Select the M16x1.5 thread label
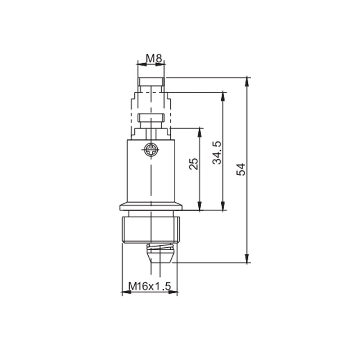click(x=149, y=286)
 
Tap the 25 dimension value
click(x=194, y=164)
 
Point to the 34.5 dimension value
click(x=217, y=153)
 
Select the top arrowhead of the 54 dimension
click(x=247, y=81)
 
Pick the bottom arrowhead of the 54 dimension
click(x=247, y=258)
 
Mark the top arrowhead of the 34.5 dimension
click(x=224, y=96)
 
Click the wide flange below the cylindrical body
click(x=151, y=207)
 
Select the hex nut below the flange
click(x=151, y=229)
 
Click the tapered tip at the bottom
click(x=160, y=257)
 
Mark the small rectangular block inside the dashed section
click(x=151, y=118)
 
